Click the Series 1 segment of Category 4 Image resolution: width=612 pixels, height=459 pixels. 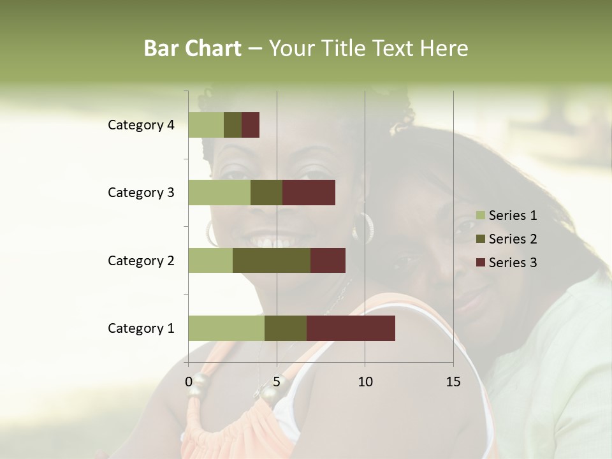point(206,125)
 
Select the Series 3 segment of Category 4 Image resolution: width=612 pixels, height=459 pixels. point(251,125)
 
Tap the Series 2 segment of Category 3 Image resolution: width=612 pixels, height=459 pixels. point(266,193)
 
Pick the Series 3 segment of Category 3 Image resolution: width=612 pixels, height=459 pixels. point(309,193)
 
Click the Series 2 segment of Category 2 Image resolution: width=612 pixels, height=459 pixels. point(272,260)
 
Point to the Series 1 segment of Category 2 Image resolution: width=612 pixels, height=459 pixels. point(210,260)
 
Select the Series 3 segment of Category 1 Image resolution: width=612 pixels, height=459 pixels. point(351,328)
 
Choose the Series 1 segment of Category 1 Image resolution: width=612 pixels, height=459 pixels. point(226,328)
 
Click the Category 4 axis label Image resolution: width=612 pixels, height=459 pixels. point(141,125)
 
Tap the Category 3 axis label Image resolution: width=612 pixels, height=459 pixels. point(141,193)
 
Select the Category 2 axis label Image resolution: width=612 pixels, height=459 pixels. point(141,260)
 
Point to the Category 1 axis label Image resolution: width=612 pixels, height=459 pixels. point(141,328)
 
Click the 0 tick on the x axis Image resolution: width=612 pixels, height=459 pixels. point(189,382)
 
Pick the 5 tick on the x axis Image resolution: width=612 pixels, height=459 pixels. point(277,382)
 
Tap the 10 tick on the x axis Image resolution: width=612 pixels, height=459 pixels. point(365,382)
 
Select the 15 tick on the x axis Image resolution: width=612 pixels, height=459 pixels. point(453,382)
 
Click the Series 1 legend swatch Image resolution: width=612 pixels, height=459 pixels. point(480,215)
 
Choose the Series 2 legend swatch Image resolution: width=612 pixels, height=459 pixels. point(480,239)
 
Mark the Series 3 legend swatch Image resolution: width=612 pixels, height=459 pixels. point(480,263)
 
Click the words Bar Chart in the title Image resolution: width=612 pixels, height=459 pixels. point(193,48)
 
